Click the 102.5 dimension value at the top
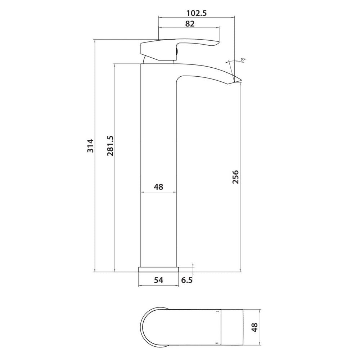click(196, 13)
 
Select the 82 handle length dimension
click(190, 24)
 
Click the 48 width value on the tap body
click(158, 187)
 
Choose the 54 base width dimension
click(159, 280)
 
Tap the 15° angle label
click(243, 60)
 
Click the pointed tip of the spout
click(239, 82)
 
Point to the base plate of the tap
click(159, 270)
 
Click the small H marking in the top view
click(216, 343)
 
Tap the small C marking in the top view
click(216, 310)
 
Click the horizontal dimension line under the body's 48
click(158, 193)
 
